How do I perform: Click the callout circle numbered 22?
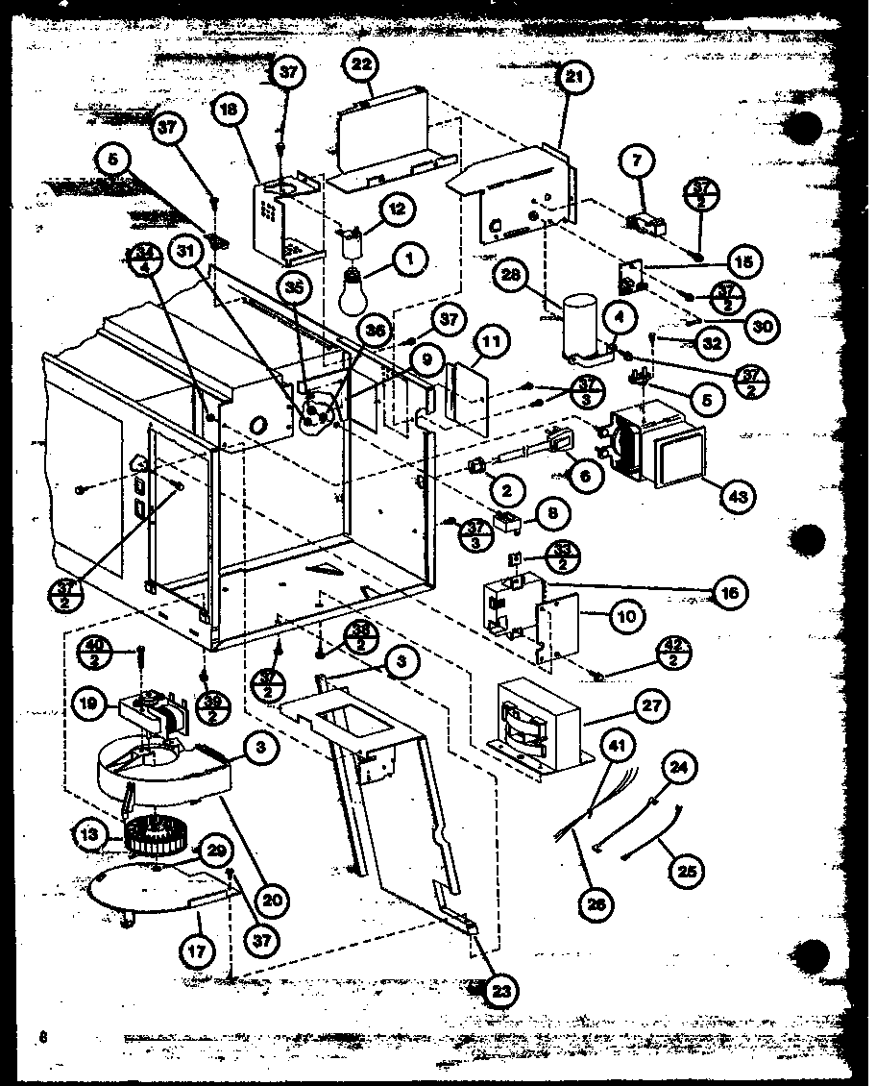362,66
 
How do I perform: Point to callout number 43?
737,495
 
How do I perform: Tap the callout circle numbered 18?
230,111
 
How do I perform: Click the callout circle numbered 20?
275,899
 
